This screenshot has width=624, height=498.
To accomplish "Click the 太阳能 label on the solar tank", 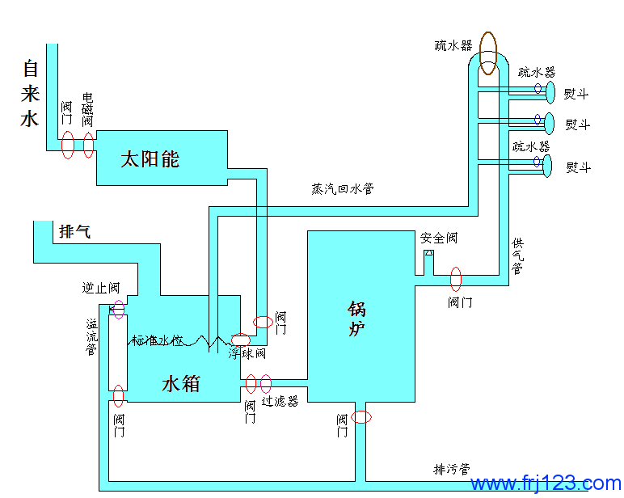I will tap(150, 158).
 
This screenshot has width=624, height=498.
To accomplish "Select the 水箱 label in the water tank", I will tap(181, 382).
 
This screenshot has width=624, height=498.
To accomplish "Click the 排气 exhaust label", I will tap(75, 231).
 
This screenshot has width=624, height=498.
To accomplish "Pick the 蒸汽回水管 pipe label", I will tap(342, 189).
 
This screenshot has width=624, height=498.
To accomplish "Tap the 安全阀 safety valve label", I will tap(439, 238).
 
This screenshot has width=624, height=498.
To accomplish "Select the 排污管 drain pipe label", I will tap(452, 469).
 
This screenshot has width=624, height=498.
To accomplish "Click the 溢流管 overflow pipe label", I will tap(92, 336).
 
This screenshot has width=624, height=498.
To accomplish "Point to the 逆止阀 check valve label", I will tap(101, 288).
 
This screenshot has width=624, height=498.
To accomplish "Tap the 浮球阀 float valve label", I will tap(247, 353).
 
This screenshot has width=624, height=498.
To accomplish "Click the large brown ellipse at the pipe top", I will tap(488, 53).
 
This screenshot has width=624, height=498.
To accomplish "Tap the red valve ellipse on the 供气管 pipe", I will tap(456, 278).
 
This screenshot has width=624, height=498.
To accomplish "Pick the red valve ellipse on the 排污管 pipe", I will tap(362, 417).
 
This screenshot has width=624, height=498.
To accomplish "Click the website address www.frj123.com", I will tap(546, 483).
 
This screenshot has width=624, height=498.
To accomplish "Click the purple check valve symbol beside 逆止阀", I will tap(118, 308).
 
